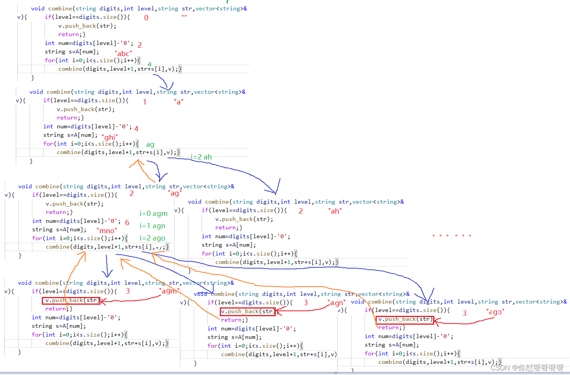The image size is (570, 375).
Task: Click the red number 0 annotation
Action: click(146, 18)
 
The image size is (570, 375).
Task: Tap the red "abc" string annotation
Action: click(123, 53)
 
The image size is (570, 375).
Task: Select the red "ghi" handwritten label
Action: click(110, 137)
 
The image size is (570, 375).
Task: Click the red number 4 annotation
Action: click(136, 129)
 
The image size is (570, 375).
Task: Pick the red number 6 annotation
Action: click(127, 223)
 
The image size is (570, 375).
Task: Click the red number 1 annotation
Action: click(145, 102)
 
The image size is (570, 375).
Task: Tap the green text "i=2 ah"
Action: click(201, 157)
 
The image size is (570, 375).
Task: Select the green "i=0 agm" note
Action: click(153, 213)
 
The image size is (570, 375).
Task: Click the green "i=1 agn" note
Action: click(152, 226)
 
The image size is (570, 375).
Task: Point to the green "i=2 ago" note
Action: click(152, 238)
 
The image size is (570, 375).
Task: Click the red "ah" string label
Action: click(335, 211)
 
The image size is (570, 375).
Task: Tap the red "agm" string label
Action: click(169, 291)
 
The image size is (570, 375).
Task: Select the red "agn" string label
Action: click(338, 303)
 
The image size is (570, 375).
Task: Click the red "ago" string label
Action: click(495, 312)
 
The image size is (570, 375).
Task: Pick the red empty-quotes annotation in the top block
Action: click(184, 16)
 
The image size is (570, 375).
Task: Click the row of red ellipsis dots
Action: click(451, 236)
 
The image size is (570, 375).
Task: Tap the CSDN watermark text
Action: click(527, 368)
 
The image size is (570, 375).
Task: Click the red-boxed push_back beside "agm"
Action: click(71, 300)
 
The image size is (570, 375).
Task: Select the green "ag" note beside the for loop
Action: click(150, 144)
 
